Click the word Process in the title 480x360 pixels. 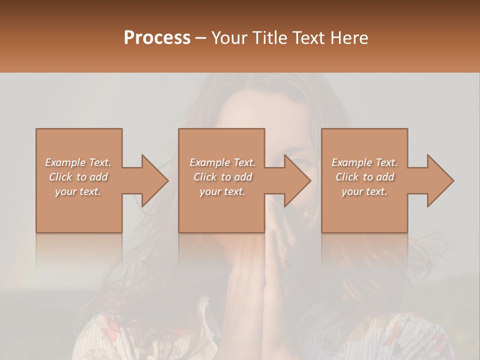(157, 38)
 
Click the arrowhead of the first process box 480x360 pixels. (153, 180)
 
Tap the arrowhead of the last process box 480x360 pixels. (438, 180)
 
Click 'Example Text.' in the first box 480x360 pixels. (78, 162)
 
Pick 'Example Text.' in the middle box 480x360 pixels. (222, 162)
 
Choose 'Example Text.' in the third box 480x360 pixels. (364, 162)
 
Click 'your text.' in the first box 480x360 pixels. (78, 191)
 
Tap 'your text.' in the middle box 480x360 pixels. (222, 191)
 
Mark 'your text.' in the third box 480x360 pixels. (364, 191)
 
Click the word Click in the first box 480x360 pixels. (60, 177)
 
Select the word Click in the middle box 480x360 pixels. (204, 177)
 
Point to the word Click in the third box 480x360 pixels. (346, 177)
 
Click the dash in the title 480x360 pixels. (201, 38)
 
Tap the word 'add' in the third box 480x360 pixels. (385, 177)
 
